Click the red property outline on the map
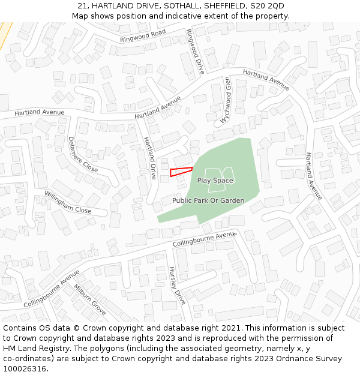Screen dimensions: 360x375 pos(181,172)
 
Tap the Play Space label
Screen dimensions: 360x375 pos(215,180)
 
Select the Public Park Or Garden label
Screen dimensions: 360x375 pos(208,200)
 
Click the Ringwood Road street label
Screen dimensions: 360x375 pos(142,36)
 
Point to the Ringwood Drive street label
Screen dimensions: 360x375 pos(196,52)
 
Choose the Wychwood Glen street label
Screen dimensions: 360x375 pos(226,100)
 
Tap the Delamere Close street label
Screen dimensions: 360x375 pos(83,154)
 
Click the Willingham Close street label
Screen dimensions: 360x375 pos(68,202)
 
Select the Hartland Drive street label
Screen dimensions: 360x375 pos(149,158)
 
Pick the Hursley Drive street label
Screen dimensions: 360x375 pos(178,285)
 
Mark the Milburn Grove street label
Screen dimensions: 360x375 pos(90,299)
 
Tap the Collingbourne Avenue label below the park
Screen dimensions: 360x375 pos(205,240)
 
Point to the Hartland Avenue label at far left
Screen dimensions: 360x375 pos(40,112)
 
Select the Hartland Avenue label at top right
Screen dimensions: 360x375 pos(266,80)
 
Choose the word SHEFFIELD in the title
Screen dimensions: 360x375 pos(222,6)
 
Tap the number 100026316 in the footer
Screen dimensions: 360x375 pos(25,369)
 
